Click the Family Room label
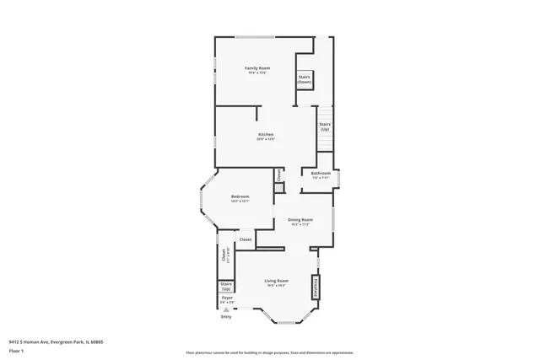click(x=257, y=67)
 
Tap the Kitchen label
click(x=266, y=135)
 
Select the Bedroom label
click(x=240, y=196)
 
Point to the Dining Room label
click(x=301, y=219)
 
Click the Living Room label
click(x=276, y=281)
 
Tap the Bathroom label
click(x=320, y=174)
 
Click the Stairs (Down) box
click(x=305, y=80)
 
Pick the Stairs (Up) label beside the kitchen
click(x=325, y=126)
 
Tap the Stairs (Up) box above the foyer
click(x=226, y=287)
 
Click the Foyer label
click(x=227, y=298)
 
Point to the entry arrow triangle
click(x=226, y=309)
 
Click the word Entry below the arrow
click(x=226, y=316)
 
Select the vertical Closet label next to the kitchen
click(x=278, y=175)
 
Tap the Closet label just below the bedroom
click(x=246, y=239)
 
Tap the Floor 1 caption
click(x=15, y=350)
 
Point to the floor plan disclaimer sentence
click(x=269, y=350)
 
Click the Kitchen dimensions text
click(x=266, y=139)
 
